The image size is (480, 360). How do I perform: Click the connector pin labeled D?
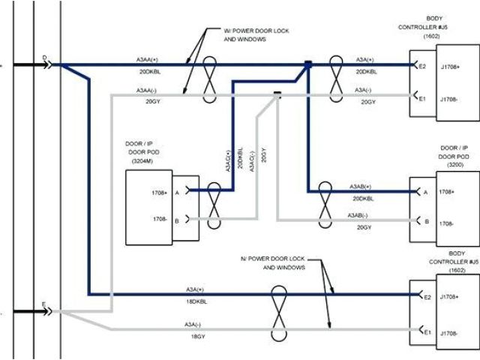45,58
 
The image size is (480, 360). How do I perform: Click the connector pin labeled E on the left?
45,305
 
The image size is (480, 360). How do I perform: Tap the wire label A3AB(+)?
362,185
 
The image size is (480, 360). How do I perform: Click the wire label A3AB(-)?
362,216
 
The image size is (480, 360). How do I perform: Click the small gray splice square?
277,94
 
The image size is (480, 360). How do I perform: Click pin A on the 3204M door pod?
177,192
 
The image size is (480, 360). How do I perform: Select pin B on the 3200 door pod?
427,222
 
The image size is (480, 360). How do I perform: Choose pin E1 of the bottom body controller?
427,331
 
